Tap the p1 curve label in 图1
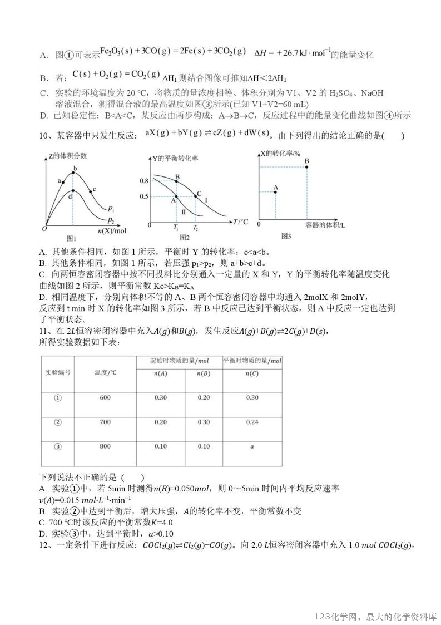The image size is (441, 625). click(x=112, y=209)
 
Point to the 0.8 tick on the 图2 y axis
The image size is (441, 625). click(x=144, y=181)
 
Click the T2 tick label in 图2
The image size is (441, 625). click(x=195, y=228)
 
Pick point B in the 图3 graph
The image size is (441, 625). click(x=306, y=166)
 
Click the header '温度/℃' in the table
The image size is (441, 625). click(x=105, y=372)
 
